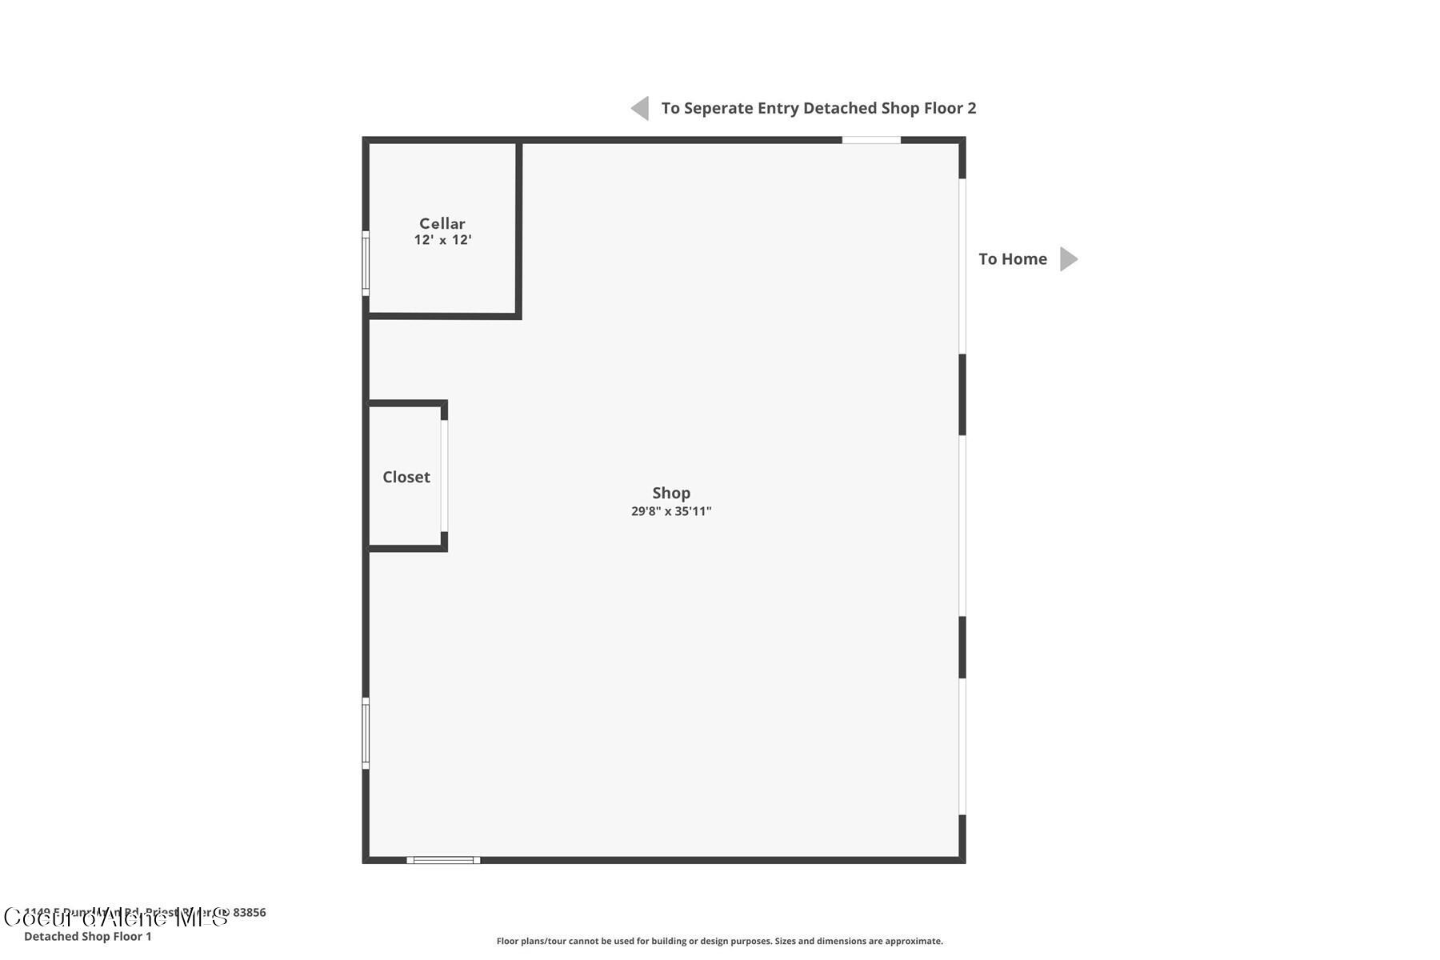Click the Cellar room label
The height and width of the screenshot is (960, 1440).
pyautogui.click(x=442, y=223)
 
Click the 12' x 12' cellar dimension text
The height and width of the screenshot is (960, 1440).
pyautogui.click(x=442, y=240)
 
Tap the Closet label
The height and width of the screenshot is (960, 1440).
pyautogui.click(x=406, y=477)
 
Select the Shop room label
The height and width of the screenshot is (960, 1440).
pyautogui.click(x=670, y=493)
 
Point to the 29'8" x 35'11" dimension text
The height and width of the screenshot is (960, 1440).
pyautogui.click(x=670, y=511)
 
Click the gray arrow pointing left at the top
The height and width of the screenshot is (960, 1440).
pyautogui.click(x=640, y=108)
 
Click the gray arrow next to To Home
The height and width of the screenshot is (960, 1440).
pyautogui.click(x=1069, y=259)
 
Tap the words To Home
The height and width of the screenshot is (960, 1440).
pyautogui.click(x=1012, y=259)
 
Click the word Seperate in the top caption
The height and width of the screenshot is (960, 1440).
pyautogui.click(x=718, y=108)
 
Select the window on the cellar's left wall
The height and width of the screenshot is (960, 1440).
pyautogui.click(x=366, y=263)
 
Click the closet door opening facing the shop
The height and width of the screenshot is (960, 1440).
pyautogui.click(x=444, y=476)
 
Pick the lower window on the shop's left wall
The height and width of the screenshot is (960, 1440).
pyautogui.click(x=366, y=733)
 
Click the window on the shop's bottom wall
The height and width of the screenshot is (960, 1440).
pyautogui.click(x=443, y=860)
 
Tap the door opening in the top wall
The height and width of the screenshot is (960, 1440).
pyautogui.click(x=870, y=140)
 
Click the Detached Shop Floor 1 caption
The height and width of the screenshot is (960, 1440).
pyautogui.click(x=87, y=936)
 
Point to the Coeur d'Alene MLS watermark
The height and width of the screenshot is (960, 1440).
pyautogui.click(x=116, y=918)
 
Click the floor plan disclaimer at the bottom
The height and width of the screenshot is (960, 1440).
pyautogui.click(x=719, y=941)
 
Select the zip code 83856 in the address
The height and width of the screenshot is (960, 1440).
pyautogui.click(x=250, y=912)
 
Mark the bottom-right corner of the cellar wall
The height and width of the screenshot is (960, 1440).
pyautogui.click(x=518, y=316)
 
